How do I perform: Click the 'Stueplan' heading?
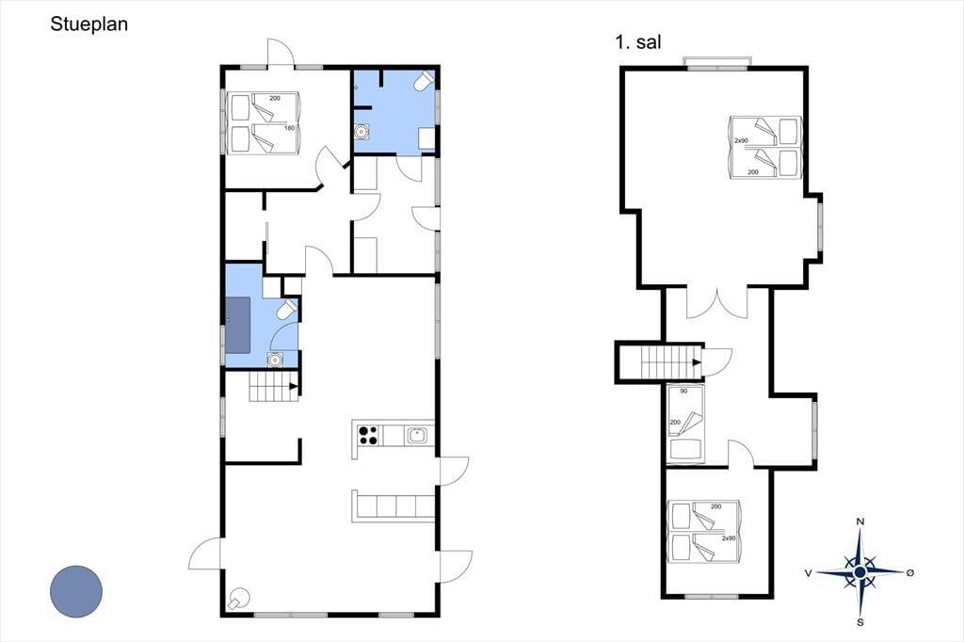[x=89, y=24]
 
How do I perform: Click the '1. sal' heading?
[x=638, y=42]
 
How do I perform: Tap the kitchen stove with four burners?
[x=368, y=436]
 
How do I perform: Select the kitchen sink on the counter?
[x=417, y=436]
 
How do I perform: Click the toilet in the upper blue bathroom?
[x=425, y=81]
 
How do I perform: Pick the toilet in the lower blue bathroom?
[x=287, y=310]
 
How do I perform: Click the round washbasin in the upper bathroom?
[x=361, y=132]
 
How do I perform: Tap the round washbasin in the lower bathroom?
[x=275, y=360]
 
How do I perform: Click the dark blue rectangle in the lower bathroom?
[x=238, y=326]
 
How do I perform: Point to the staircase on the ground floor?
[x=274, y=387]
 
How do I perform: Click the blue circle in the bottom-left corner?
[x=76, y=591]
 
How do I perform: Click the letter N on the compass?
[x=860, y=522]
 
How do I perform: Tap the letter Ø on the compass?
[x=910, y=572]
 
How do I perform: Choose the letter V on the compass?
[x=809, y=573]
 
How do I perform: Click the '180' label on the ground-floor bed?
[x=290, y=128]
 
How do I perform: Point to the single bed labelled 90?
[x=686, y=423]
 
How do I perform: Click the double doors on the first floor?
[x=716, y=302]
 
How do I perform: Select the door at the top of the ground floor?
[x=281, y=53]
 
